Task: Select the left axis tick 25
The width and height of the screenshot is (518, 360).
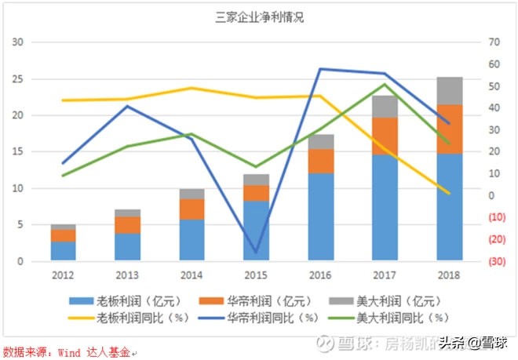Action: [x=16, y=79]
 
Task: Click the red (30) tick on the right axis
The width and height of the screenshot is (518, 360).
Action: [x=495, y=261]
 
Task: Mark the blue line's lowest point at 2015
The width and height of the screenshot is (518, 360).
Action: [x=255, y=253]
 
